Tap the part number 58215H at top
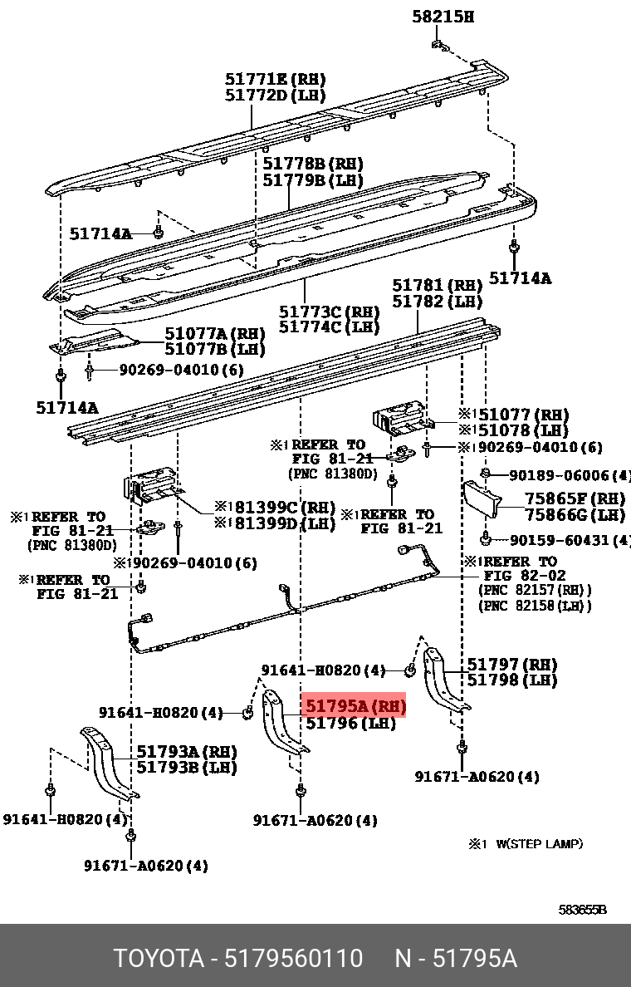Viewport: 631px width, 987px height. point(443,17)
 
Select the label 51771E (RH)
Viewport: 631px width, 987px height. point(276,80)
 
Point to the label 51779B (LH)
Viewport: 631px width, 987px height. point(313,179)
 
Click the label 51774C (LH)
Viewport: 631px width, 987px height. point(329,327)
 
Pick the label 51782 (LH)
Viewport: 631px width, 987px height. point(437,302)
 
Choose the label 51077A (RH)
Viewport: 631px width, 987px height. point(214,333)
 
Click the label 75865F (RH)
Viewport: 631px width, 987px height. point(574,499)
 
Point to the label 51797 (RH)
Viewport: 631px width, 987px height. point(511,664)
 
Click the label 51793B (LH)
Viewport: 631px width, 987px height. point(187,767)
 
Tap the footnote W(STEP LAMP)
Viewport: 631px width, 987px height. point(539,843)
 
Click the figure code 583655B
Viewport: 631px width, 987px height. point(582,910)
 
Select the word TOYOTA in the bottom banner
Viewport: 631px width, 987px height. point(158,959)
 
